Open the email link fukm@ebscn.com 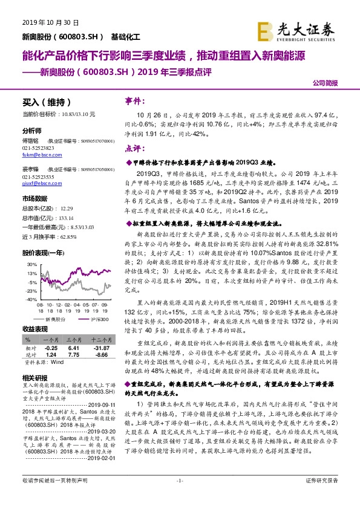40,155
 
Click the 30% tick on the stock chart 31,264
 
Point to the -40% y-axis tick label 31,298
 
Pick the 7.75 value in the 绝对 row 74,355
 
